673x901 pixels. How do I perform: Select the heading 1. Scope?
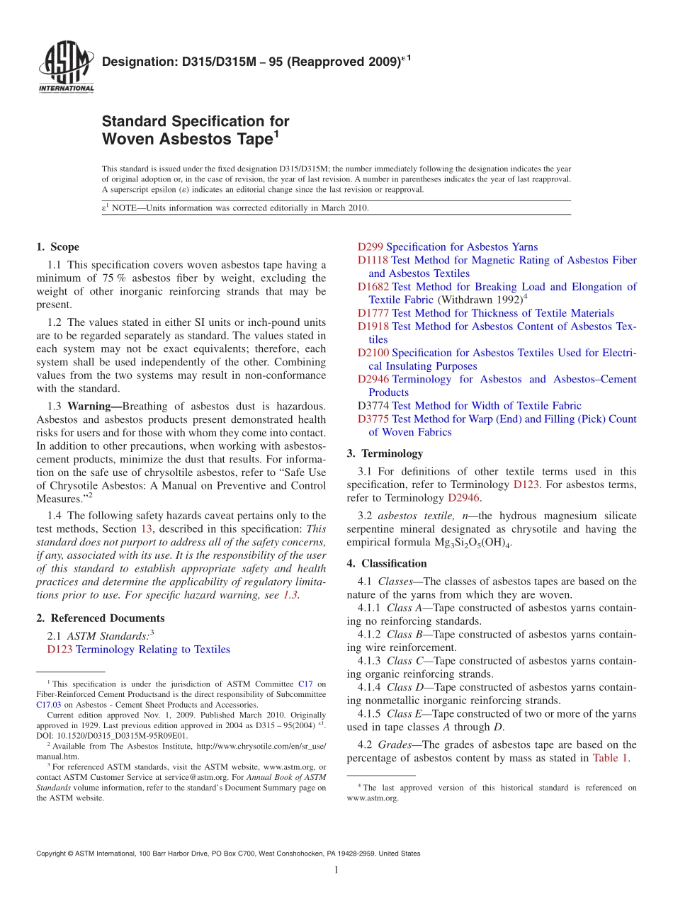pyautogui.click(x=57, y=247)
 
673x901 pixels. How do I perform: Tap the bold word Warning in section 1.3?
pyautogui.click(x=92, y=406)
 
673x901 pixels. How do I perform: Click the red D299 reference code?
pyautogui.click(x=371, y=247)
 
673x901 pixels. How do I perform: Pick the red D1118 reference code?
pyautogui.click(x=373, y=261)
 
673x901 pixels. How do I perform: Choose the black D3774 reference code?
pyautogui.click(x=373, y=406)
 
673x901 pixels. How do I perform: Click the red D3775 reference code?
pyautogui.click(x=373, y=419)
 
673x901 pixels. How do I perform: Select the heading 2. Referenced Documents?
pyautogui.click(x=101, y=618)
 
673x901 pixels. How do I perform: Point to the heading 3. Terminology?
pyautogui.click(x=385, y=453)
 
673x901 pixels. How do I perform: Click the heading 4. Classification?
pyautogui.click(x=387, y=564)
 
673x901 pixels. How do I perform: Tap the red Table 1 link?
pyautogui.click(x=610, y=758)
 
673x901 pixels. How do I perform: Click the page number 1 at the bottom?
pyautogui.click(x=336, y=871)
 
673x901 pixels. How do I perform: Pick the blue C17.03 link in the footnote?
pyautogui.click(x=49, y=705)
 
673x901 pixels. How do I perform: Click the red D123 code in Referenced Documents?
pyautogui.click(x=60, y=650)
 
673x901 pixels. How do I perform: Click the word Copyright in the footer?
pyautogui.click(x=53, y=854)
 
